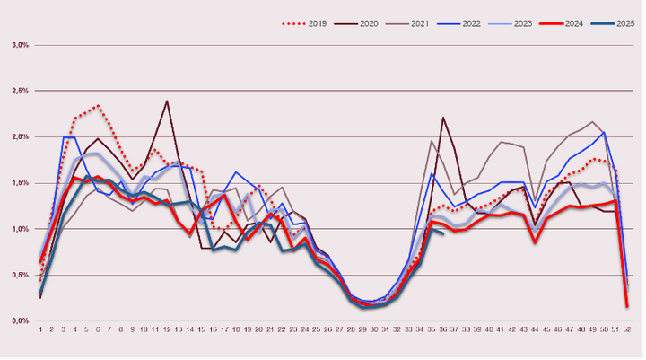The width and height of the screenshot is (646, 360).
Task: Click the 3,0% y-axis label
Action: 20,44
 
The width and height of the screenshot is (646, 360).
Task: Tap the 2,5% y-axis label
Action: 20,91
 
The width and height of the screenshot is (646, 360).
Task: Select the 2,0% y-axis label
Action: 20,136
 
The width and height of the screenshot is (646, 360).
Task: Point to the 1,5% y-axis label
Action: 20,182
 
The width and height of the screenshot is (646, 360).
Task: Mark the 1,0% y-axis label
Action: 20,229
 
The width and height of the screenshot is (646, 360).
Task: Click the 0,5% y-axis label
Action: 20,275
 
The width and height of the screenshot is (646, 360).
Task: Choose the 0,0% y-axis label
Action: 20,320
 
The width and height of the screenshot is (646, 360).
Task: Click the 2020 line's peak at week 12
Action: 167,101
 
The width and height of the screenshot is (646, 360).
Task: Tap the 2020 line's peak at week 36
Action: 442,118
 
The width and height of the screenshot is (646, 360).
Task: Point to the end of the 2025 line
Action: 442,233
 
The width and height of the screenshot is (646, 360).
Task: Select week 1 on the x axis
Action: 40,329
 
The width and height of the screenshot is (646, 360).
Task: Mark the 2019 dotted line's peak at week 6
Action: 97,106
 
